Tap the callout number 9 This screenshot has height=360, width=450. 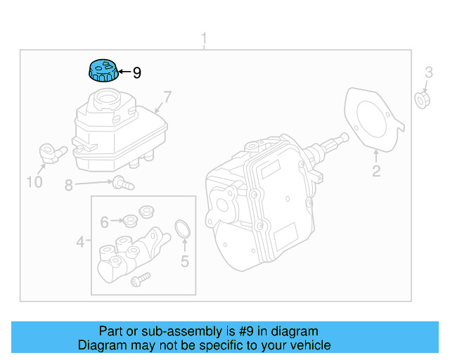pyautogui.click(x=137, y=72)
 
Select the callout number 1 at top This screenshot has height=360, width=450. pyautogui.click(x=204, y=37)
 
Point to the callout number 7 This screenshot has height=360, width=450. pyautogui.click(x=167, y=96)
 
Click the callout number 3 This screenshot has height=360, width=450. pyautogui.click(x=428, y=72)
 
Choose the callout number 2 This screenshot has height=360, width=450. pyautogui.click(x=376, y=172)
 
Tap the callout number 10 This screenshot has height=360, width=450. pyautogui.click(x=34, y=183)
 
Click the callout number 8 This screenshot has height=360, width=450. pyautogui.click(x=68, y=186)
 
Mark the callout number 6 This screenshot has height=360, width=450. pyautogui.click(x=104, y=222)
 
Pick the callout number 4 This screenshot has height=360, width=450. pyautogui.click(x=81, y=243)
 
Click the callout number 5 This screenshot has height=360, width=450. pyautogui.click(x=184, y=262)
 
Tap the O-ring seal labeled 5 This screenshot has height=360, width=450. pyautogui.click(x=183, y=229)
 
